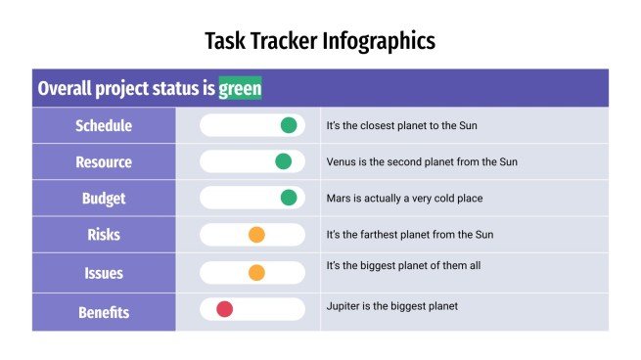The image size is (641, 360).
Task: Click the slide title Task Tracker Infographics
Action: point(320,40)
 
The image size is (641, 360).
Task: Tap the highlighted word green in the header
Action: point(240,89)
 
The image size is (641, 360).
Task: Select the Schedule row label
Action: point(104,125)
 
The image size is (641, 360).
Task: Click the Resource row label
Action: point(104,161)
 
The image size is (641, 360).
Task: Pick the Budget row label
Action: point(104,198)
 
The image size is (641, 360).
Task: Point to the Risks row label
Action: point(104,235)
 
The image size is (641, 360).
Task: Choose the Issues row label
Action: point(104,273)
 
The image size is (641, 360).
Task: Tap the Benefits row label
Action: point(104,312)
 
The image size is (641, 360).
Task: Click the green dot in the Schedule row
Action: point(289,125)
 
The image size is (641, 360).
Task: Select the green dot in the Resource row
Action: point(284,161)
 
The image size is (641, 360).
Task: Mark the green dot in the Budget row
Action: point(289,198)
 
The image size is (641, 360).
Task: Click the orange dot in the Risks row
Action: point(256,235)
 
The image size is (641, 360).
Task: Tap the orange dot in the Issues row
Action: point(256,273)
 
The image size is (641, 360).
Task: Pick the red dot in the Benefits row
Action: point(224,309)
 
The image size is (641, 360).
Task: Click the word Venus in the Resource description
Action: point(342,161)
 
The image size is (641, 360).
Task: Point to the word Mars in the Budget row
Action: point(339,199)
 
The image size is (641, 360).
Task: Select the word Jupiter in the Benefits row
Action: point(344,306)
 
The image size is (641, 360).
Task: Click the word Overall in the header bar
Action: point(65,89)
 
